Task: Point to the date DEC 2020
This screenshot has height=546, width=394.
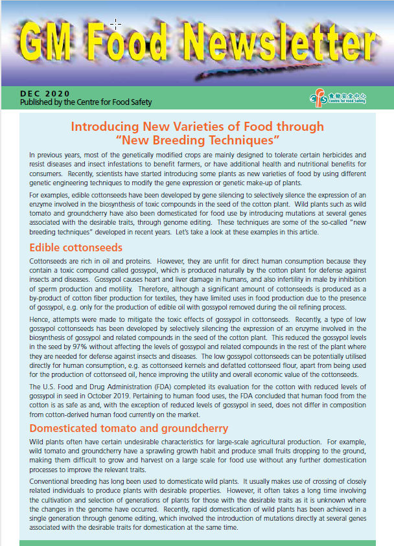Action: pos(45,94)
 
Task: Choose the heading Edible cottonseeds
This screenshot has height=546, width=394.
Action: pos(76,247)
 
